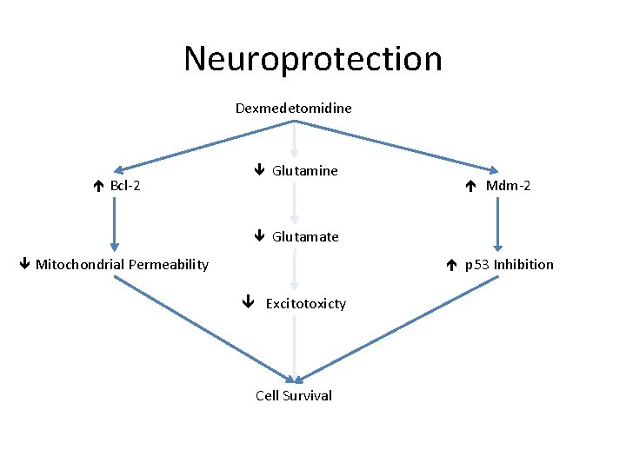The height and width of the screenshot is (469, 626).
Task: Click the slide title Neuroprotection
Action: click(313, 59)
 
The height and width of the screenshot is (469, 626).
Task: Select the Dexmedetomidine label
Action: click(294, 109)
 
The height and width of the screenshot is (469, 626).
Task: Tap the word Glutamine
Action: click(304, 171)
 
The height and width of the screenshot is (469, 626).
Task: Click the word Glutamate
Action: click(305, 236)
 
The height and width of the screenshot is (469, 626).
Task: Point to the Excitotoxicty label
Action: click(305, 303)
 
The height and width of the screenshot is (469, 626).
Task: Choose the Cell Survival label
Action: click(294, 395)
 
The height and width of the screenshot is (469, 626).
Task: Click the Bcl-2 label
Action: click(125, 186)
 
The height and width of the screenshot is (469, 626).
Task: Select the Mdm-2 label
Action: click(508, 185)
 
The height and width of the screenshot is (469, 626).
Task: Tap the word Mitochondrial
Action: click(77, 264)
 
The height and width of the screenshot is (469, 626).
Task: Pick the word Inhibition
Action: click(523, 264)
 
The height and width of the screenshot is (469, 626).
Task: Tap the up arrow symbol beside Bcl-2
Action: click(100, 186)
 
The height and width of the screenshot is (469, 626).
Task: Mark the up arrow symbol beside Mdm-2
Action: click(469, 185)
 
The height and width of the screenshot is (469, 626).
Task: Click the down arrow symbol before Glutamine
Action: click(258, 171)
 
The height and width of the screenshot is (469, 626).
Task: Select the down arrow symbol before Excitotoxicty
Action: click(248, 303)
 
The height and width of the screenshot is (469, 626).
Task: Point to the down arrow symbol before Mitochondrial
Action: click(25, 264)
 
